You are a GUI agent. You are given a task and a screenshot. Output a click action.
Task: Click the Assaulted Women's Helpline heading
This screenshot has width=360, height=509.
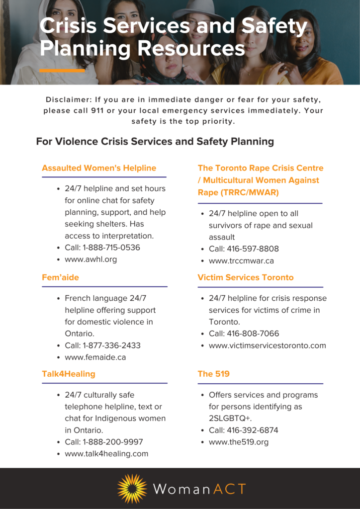(99, 168)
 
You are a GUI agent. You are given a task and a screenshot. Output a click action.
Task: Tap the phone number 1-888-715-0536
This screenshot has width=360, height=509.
(112, 248)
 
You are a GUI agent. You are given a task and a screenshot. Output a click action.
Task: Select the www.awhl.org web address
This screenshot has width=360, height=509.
(91, 259)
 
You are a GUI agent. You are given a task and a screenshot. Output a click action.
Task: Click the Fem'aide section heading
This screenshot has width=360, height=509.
(60, 277)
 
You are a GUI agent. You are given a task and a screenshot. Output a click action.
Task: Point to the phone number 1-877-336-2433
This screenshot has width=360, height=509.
(112, 345)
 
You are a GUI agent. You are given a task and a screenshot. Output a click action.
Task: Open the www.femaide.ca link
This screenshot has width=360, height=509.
(95, 357)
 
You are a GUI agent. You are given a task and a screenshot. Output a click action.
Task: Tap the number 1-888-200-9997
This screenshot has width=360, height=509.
(112, 442)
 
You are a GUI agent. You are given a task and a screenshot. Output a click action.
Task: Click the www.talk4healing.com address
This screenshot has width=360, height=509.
(106, 454)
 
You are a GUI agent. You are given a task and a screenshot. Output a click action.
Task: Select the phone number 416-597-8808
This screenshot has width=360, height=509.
(253, 249)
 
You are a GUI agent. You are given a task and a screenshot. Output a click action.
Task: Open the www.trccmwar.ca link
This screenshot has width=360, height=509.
(241, 260)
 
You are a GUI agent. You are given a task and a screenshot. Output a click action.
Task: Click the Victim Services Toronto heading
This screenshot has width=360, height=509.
(246, 277)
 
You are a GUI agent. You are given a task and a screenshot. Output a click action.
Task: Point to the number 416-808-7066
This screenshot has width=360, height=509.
(253, 334)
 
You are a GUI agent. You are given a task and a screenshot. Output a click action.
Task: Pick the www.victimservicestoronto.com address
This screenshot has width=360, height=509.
(268, 345)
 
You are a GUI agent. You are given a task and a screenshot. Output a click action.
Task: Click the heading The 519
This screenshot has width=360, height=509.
(214, 374)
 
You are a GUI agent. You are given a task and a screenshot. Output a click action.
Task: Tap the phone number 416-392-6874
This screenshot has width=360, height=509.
(253, 430)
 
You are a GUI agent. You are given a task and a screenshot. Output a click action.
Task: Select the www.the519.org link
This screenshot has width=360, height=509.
(239, 442)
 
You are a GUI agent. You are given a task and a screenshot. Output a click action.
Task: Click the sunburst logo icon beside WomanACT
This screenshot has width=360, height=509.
(132, 489)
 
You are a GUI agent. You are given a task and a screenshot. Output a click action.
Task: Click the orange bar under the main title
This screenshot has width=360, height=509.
(62, 71)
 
